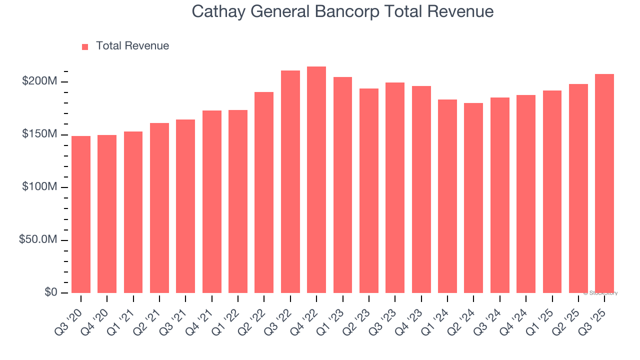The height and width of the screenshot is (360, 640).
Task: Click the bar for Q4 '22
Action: coord(316,180)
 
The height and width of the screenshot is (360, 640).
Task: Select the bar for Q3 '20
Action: coord(81,214)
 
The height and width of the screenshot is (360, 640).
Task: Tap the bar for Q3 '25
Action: coord(604,183)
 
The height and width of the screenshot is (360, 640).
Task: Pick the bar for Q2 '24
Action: coord(473,198)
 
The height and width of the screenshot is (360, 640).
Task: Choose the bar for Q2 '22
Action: coord(264,192)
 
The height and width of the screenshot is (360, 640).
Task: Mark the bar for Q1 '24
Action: coord(447,196)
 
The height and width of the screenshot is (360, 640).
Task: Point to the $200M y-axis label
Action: coord(39,81)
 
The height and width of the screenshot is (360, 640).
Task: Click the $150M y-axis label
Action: coord(39,134)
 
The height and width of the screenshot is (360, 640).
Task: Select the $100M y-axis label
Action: coord(39,187)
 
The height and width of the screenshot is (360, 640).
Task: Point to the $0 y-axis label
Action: coord(50,292)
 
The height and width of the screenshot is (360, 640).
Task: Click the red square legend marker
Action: coord(85,46)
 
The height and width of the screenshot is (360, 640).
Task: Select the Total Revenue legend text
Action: coord(132,46)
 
